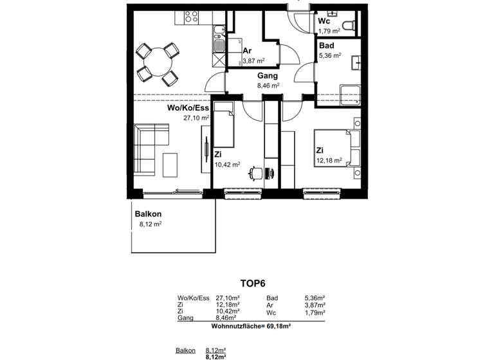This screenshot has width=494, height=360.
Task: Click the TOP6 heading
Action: [x=253, y=282]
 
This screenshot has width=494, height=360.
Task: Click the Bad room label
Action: [x=326, y=46]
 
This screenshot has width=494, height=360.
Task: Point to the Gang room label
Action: [x=268, y=76]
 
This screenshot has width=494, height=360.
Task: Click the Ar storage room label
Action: [x=246, y=51]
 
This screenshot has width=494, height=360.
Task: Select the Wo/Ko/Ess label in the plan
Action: [x=188, y=109]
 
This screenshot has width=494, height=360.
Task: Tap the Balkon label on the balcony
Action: [x=148, y=214]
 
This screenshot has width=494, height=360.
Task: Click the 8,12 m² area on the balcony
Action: [x=150, y=224]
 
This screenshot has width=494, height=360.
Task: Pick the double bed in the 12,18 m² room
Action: [x=335, y=147]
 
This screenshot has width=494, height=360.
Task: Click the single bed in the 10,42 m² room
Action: [x=224, y=128]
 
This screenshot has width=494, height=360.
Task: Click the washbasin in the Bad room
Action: [x=356, y=62]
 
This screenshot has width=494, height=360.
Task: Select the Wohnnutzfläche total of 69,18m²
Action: [x=251, y=327]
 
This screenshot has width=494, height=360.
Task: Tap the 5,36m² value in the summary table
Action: [x=315, y=298]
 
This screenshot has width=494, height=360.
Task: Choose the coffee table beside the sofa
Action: [x=170, y=164]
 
